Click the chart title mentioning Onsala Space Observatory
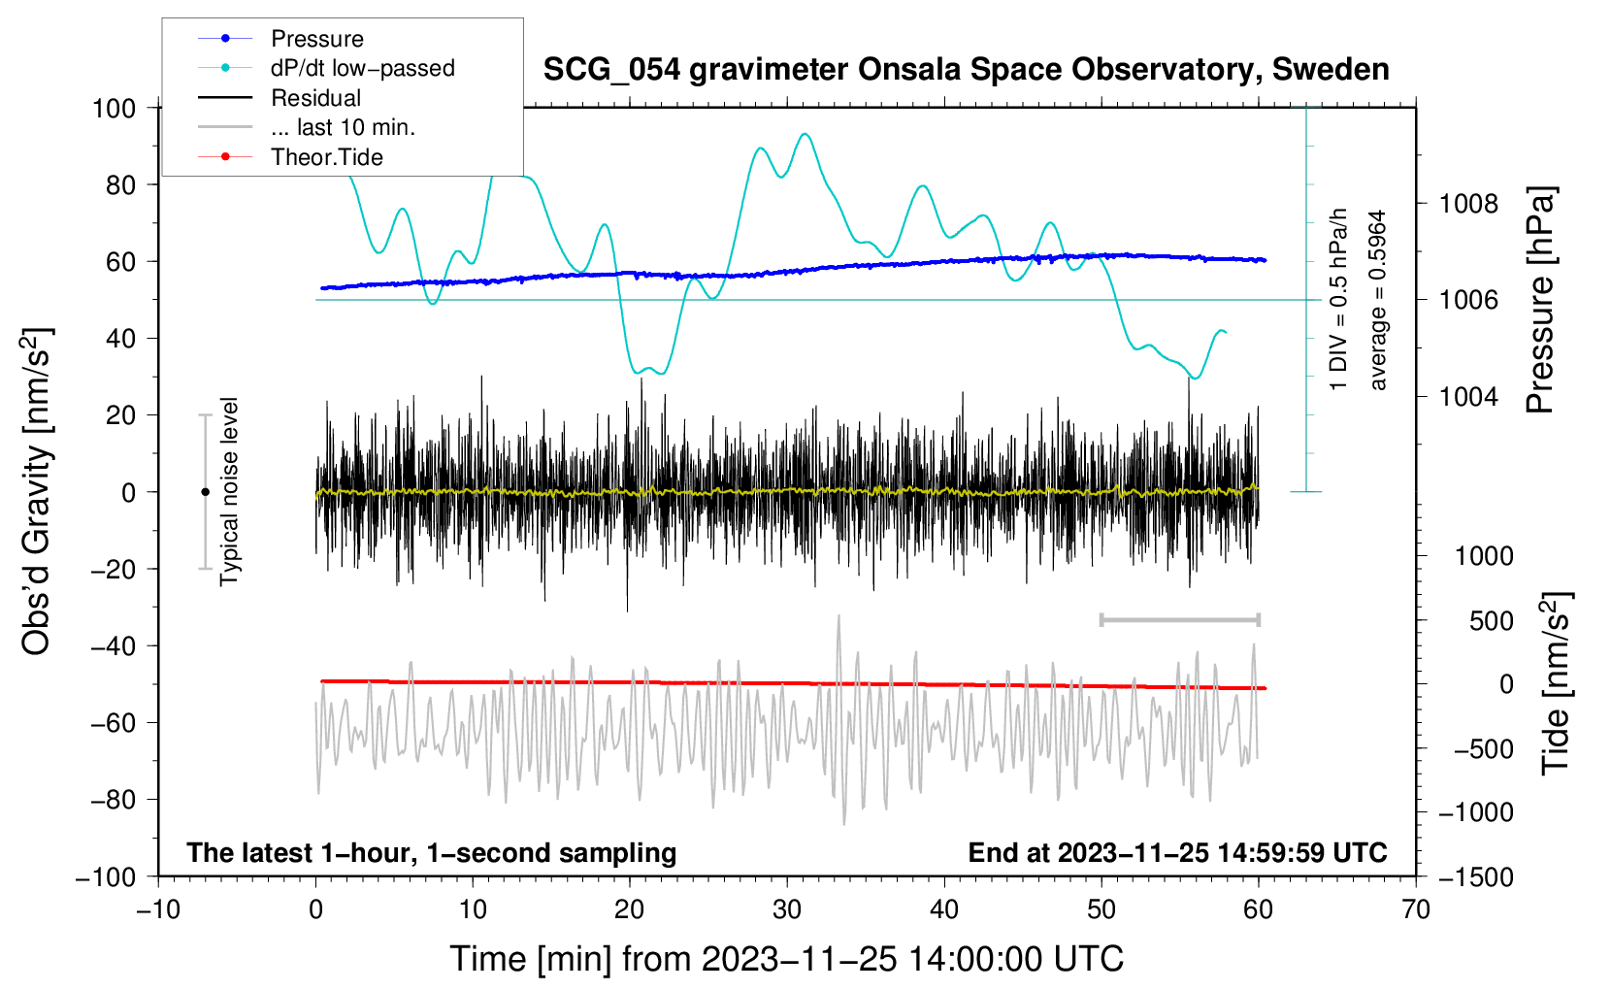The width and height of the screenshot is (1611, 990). click(x=966, y=70)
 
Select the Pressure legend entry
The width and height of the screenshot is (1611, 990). click(x=316, y=39)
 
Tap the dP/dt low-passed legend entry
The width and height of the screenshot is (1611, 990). click(x=362, y=68)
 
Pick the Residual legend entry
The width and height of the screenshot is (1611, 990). click(x=315, y=98)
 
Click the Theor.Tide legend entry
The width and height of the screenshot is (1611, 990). click(x=326, y=157)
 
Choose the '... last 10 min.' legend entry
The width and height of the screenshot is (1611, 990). click(x=343, y=127)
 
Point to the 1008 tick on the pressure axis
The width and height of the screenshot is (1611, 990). click(x=1468, y=204)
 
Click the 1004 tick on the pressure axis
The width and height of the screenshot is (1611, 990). click(x=1468, y=397)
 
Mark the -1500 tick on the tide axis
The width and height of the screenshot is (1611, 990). click(x=1475, y=876)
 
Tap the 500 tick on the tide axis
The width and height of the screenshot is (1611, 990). click(x=1491, y=621)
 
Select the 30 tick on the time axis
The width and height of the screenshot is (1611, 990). click(x=787, y=909)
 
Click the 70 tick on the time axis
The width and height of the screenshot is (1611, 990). click(x=1416, y=909)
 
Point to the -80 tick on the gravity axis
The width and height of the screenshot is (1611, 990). click(x=114, y=800)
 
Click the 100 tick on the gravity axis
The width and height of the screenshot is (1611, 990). click(x=114, y=108)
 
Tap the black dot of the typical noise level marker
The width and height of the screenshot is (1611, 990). click(x=205, y=492)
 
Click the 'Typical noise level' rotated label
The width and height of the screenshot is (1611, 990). click(x=229, y=491)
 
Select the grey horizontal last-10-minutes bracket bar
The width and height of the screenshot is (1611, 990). click(x=1179, y=619)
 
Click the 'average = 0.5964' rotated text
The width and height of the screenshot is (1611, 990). click(x=1378, y=300)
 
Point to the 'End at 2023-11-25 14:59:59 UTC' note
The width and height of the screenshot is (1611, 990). click(x=1177, y=853)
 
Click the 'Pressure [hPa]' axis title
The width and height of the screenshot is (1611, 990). click(x=1540, y=300)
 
